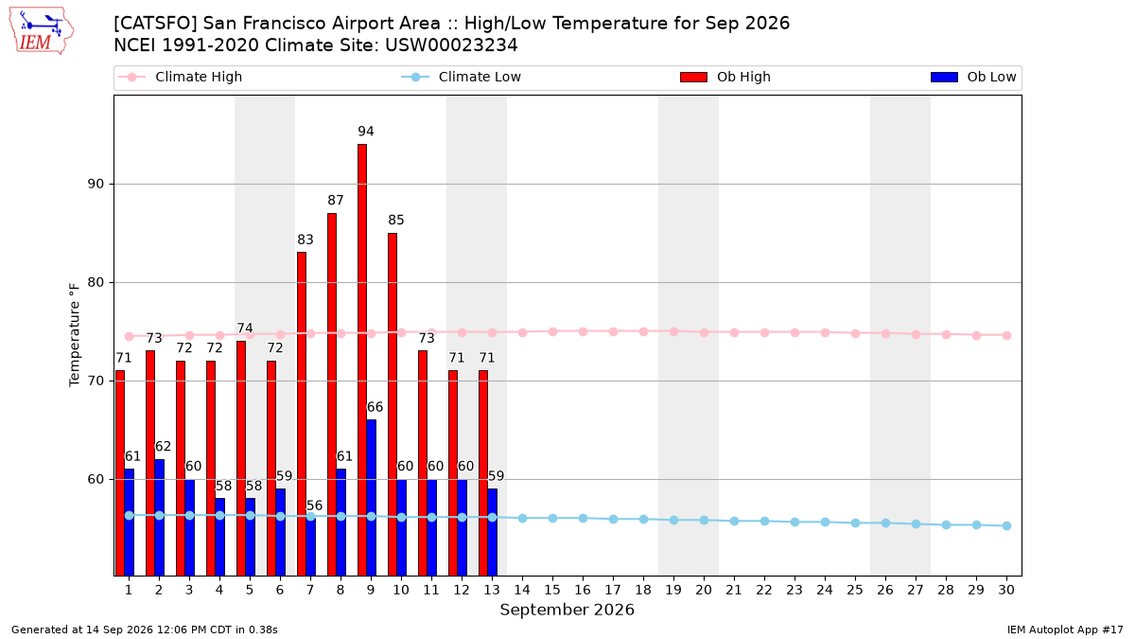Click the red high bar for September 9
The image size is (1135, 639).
(361, 360)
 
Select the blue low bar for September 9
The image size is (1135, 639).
(371, 498)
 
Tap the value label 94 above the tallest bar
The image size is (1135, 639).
(365, 132)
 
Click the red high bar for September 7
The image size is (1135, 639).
(302, 414)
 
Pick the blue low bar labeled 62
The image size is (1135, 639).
(159, 517)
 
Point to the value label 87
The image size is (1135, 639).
(335, 201)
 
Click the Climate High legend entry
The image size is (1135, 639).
(181, 77)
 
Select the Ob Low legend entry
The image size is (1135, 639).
(973, 77)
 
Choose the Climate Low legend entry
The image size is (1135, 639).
(462, 77)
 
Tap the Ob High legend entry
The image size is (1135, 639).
(725, 77)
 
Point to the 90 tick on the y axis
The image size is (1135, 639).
(96, 184)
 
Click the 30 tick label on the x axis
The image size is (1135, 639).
(1006, 590)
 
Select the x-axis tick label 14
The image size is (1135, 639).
(522, 590)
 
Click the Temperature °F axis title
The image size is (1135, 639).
(75, 335)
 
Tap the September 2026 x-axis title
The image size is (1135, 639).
(567, 610)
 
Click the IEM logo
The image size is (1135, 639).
(41, 31)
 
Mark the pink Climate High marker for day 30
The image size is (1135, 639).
(1006, 336)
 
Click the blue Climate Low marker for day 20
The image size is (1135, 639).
(704, 521)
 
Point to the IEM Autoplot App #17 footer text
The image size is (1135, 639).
(1065, 630)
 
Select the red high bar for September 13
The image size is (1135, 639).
(483, 472)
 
